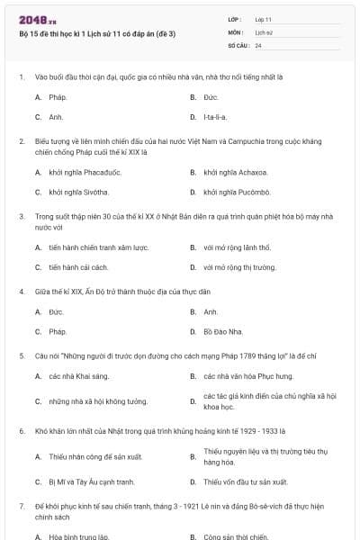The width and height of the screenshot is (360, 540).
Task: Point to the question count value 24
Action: [258, 44]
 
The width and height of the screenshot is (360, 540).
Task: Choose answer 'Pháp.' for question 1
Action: [58, 96]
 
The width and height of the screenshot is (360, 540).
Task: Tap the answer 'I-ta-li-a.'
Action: [215, 117]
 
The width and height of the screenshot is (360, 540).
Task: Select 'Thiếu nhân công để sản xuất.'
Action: [91, 456]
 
